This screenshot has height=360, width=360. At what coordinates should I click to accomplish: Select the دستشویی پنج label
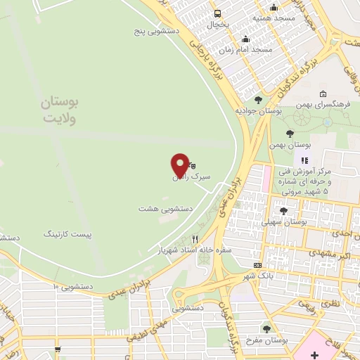coord(158,32)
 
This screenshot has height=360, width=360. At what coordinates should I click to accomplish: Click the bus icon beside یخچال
coord(217,13)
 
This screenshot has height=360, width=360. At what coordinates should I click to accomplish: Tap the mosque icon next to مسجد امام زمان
coord(245,39)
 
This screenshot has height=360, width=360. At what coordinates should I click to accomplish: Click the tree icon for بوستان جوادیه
coord(259,100)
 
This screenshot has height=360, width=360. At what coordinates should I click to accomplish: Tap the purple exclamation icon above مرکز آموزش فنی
coord(305,142)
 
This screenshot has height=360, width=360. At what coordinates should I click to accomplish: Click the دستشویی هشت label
coord(165,209)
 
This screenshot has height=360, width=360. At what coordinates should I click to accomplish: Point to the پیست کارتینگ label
coord(68,232)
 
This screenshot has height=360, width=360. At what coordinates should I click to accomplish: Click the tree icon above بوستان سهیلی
coord(283,210)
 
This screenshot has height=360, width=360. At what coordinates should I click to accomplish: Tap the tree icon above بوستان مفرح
coord(266,328)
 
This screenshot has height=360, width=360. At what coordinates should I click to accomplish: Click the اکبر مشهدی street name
coord(328,252)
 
